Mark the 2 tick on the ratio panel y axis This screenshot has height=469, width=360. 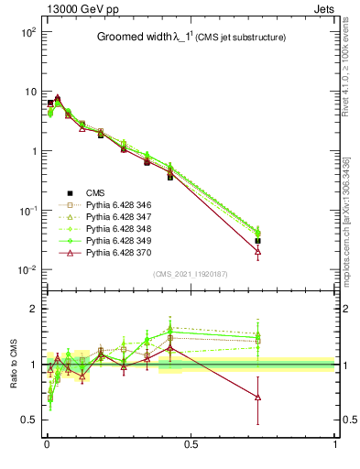pyautogui.click(x=32, y=309)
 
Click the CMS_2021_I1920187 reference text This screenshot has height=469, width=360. pyautogui.click(x=190, y=273)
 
